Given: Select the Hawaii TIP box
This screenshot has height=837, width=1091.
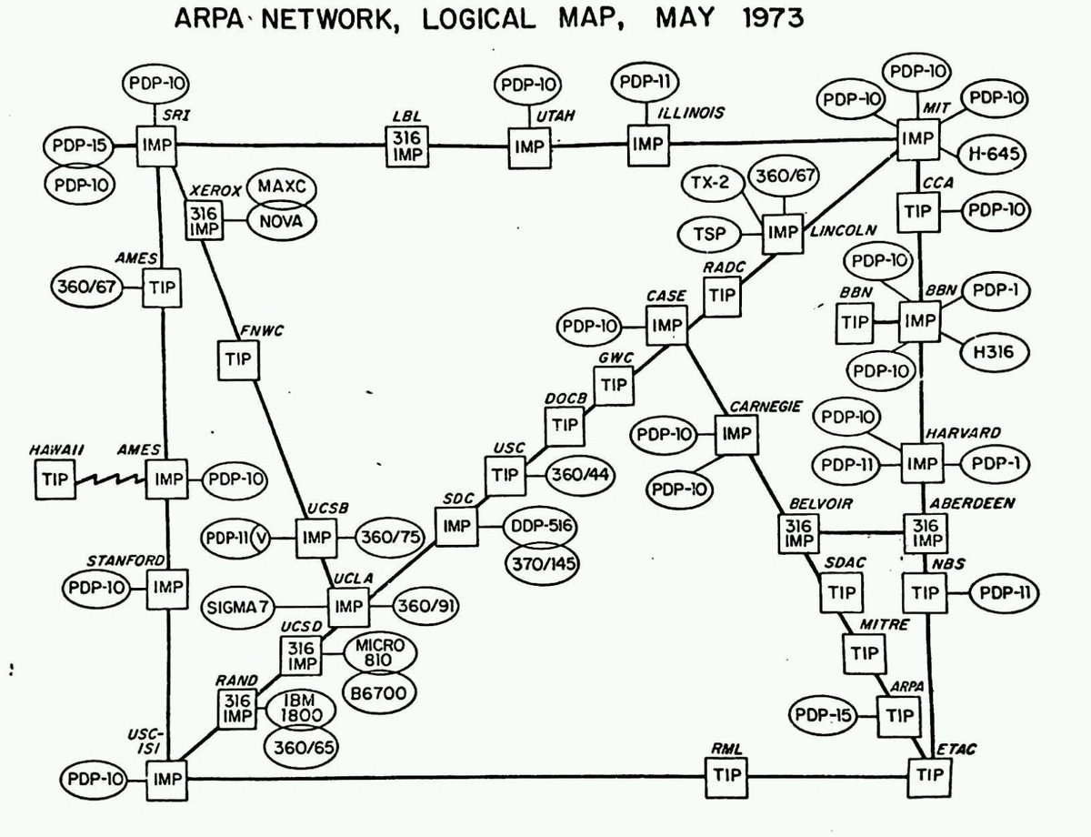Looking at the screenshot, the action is tap(55, 479).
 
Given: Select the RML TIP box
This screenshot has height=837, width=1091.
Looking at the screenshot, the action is tap(728, 776).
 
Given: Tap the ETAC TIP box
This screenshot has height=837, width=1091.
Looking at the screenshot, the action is tap(929, 776).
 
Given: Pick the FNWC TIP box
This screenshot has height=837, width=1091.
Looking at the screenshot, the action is tap(239, 360).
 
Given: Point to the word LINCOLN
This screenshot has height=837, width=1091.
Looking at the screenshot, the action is tap(840, 232).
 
